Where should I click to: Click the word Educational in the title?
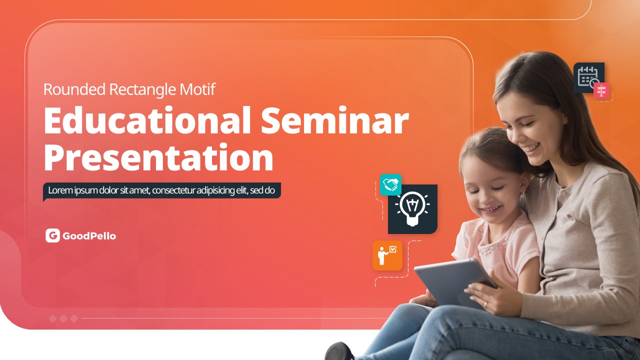[147, 120]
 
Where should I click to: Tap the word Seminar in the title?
[335, 120]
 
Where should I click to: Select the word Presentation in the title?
[158, 157]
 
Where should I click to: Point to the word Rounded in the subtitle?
[74, 89]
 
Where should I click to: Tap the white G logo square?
[52, 235]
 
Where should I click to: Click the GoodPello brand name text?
[89, 236]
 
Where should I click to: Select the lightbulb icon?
[412, 208]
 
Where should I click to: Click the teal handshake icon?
[390, 185]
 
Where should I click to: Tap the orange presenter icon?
[387, 255]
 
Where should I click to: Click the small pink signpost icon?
[601, 91]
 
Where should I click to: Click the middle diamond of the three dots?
[63, 318]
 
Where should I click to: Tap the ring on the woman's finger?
[485, 304]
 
